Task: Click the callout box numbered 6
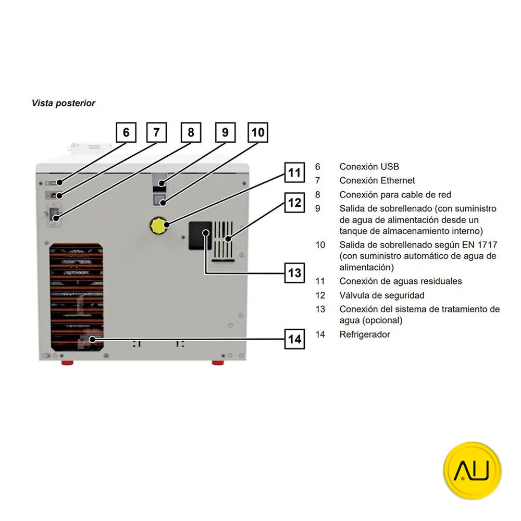[126, 132]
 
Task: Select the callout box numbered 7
[156, 132]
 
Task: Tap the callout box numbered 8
[191, 132]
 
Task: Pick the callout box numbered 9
[225, 132]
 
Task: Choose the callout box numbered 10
[258, 132]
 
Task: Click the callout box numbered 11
[295, 172]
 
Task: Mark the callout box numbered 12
[295, 202]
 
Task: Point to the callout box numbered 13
[295, 272]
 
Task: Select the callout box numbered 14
[295, 339]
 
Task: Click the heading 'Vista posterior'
[64, 103]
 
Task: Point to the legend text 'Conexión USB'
[369, 167]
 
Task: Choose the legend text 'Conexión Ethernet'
[377, 180]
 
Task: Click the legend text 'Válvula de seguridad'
[382, 295]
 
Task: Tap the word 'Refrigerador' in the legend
[365, 334]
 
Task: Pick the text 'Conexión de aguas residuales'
[401, 281]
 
